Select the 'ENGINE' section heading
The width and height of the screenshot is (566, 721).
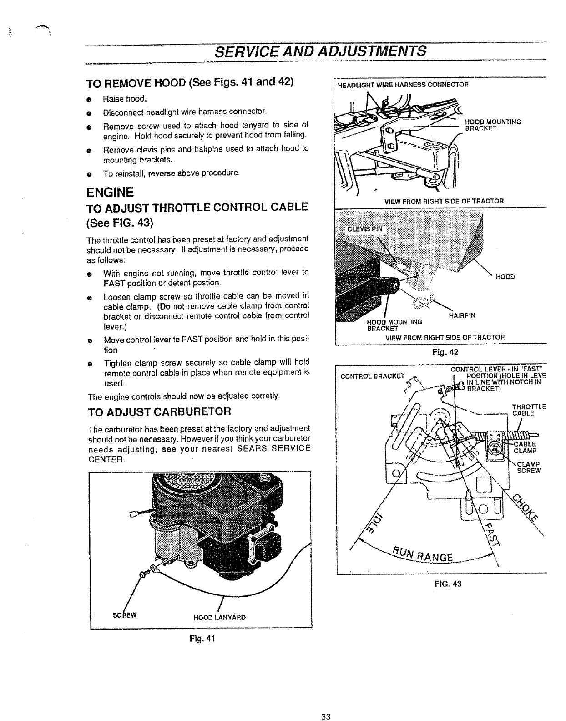tap(110, 192)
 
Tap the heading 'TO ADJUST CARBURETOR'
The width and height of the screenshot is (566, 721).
tap(159, 412)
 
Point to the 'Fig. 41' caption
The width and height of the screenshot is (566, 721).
tap(201, 638)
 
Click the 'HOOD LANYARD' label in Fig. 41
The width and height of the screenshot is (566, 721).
tap(219, 618)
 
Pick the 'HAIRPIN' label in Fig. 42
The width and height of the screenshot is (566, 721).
tap(462, 315)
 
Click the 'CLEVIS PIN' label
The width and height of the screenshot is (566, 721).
tap(365, 229)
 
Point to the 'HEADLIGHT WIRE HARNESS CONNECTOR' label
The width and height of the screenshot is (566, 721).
tap(402, 84)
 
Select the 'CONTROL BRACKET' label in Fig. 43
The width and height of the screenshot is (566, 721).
tap(373, 376)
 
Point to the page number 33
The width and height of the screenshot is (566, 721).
tap(325, 717)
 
